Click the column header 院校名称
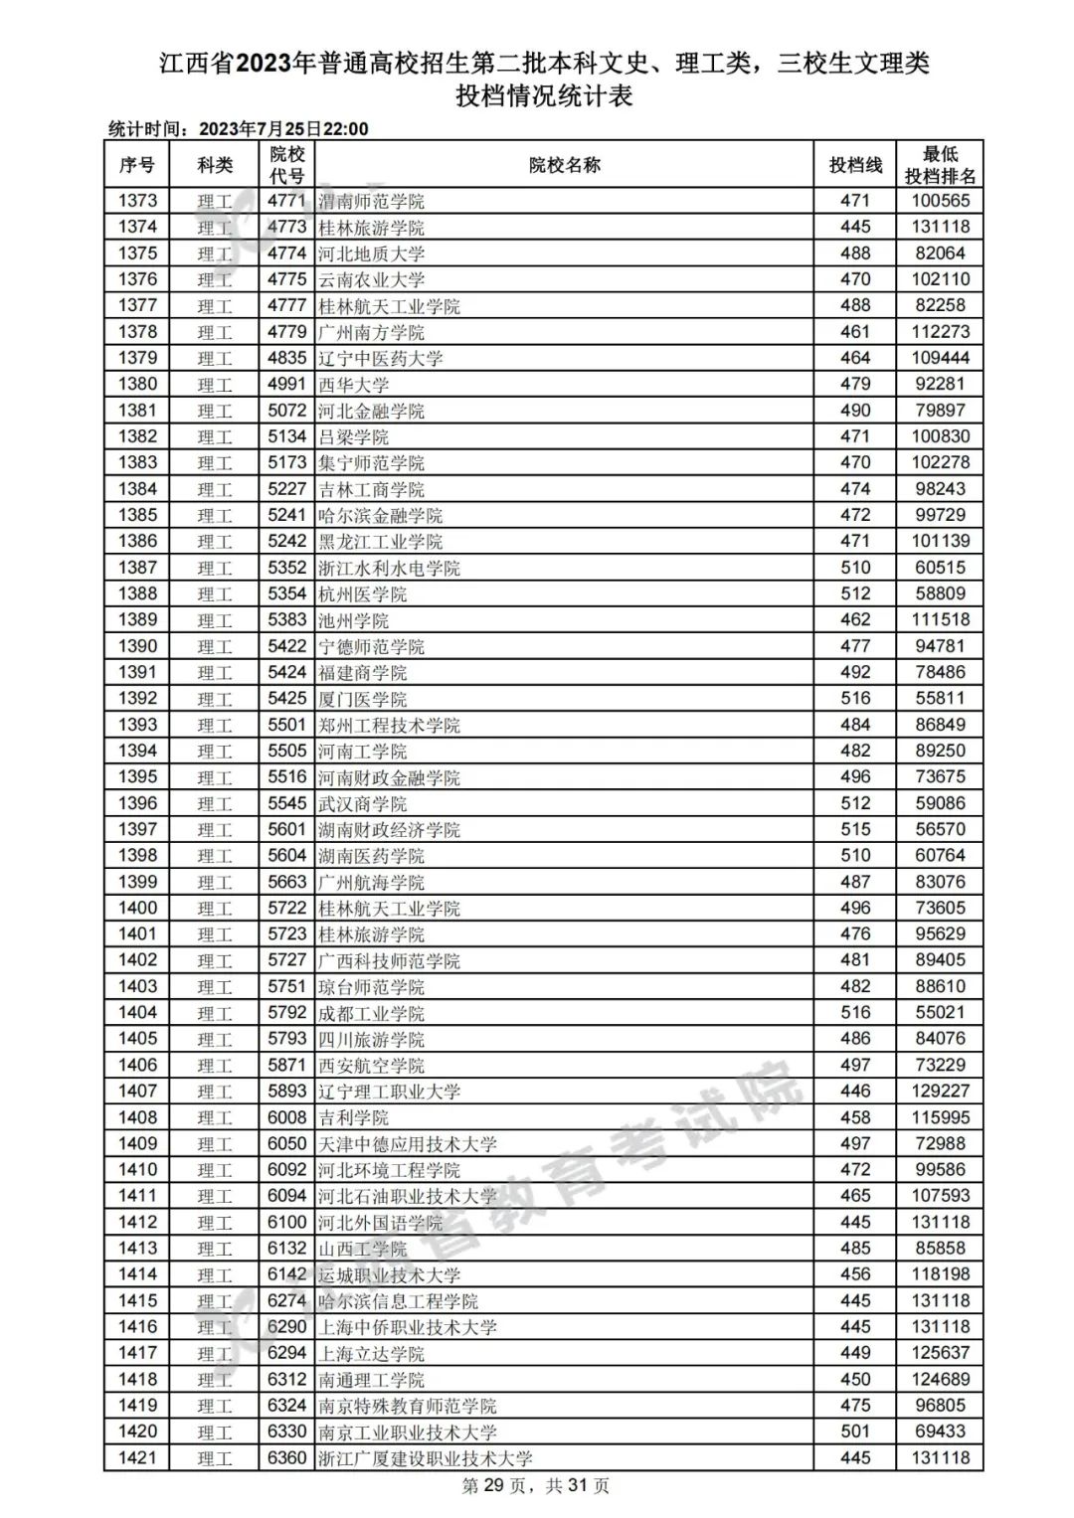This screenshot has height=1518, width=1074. click(x=564, y=165)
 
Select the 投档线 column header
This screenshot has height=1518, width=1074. click(x=855, y=165)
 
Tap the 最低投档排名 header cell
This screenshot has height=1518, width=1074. click(x=940, y=165)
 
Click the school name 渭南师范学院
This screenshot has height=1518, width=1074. click(x=371, y=201)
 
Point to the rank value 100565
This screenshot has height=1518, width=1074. click(x=940, y=201)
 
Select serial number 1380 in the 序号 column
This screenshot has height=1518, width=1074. click(x=137, y=384)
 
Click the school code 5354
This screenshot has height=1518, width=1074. click(x=286, y=593)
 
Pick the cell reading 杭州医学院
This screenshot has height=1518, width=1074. click(x=362, y=594)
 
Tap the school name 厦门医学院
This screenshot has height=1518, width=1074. click(x=362, y=699)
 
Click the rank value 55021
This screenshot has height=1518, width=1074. click(x=940, y=1012)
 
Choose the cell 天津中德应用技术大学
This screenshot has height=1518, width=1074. click(x=407, y=1144)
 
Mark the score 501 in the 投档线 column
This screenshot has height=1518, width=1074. click(x=855, y=1432)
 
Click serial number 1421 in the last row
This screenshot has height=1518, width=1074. click(x=137, y=1457)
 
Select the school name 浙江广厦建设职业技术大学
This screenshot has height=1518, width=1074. click(x=425, y=1458)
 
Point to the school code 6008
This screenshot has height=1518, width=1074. click(x=286, y=1117)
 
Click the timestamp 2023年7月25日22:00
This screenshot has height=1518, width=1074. click(x=283, y=129)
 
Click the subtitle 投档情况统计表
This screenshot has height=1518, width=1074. click(x=544, y=96)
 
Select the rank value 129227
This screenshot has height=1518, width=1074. click(x=940, y=1091)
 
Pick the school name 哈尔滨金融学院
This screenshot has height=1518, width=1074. click(x=380, y=516)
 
